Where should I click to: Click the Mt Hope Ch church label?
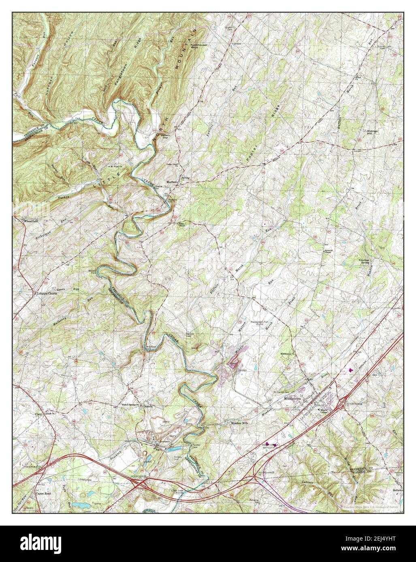pos(115,167)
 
